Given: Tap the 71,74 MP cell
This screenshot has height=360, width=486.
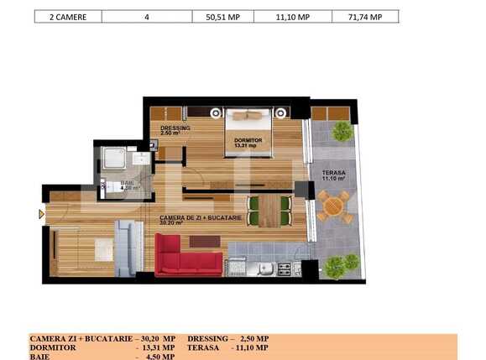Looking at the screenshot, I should pos(365,16).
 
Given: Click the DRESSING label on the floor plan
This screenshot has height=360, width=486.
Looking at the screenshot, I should pos(175,128).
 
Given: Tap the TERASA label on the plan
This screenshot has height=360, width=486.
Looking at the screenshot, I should pos(333,174).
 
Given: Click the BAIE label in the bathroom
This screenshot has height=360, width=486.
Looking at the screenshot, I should pos(127,183).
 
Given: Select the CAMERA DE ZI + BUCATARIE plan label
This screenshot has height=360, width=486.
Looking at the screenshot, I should pos(201,218).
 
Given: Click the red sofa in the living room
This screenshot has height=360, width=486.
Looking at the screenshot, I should pos(188,256).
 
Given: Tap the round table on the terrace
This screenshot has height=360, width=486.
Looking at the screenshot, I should pos(334,206).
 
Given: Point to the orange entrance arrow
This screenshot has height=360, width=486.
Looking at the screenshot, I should pos(41,214).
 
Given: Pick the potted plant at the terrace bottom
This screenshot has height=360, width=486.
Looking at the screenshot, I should pos(334,266).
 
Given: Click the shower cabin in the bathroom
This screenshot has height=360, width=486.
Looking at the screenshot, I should pos(113,159).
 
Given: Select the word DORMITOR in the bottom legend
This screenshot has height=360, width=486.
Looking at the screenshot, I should pos(53,347).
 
